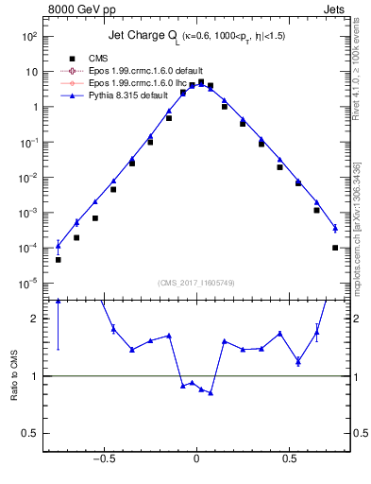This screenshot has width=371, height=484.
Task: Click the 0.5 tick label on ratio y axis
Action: click(x=29, y=433)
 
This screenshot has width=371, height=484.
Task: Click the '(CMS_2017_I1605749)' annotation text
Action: click(x=196, y=283)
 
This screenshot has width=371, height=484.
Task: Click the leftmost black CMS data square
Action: click(x=58, y=259)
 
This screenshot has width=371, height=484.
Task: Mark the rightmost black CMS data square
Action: click(x=335, y=248)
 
